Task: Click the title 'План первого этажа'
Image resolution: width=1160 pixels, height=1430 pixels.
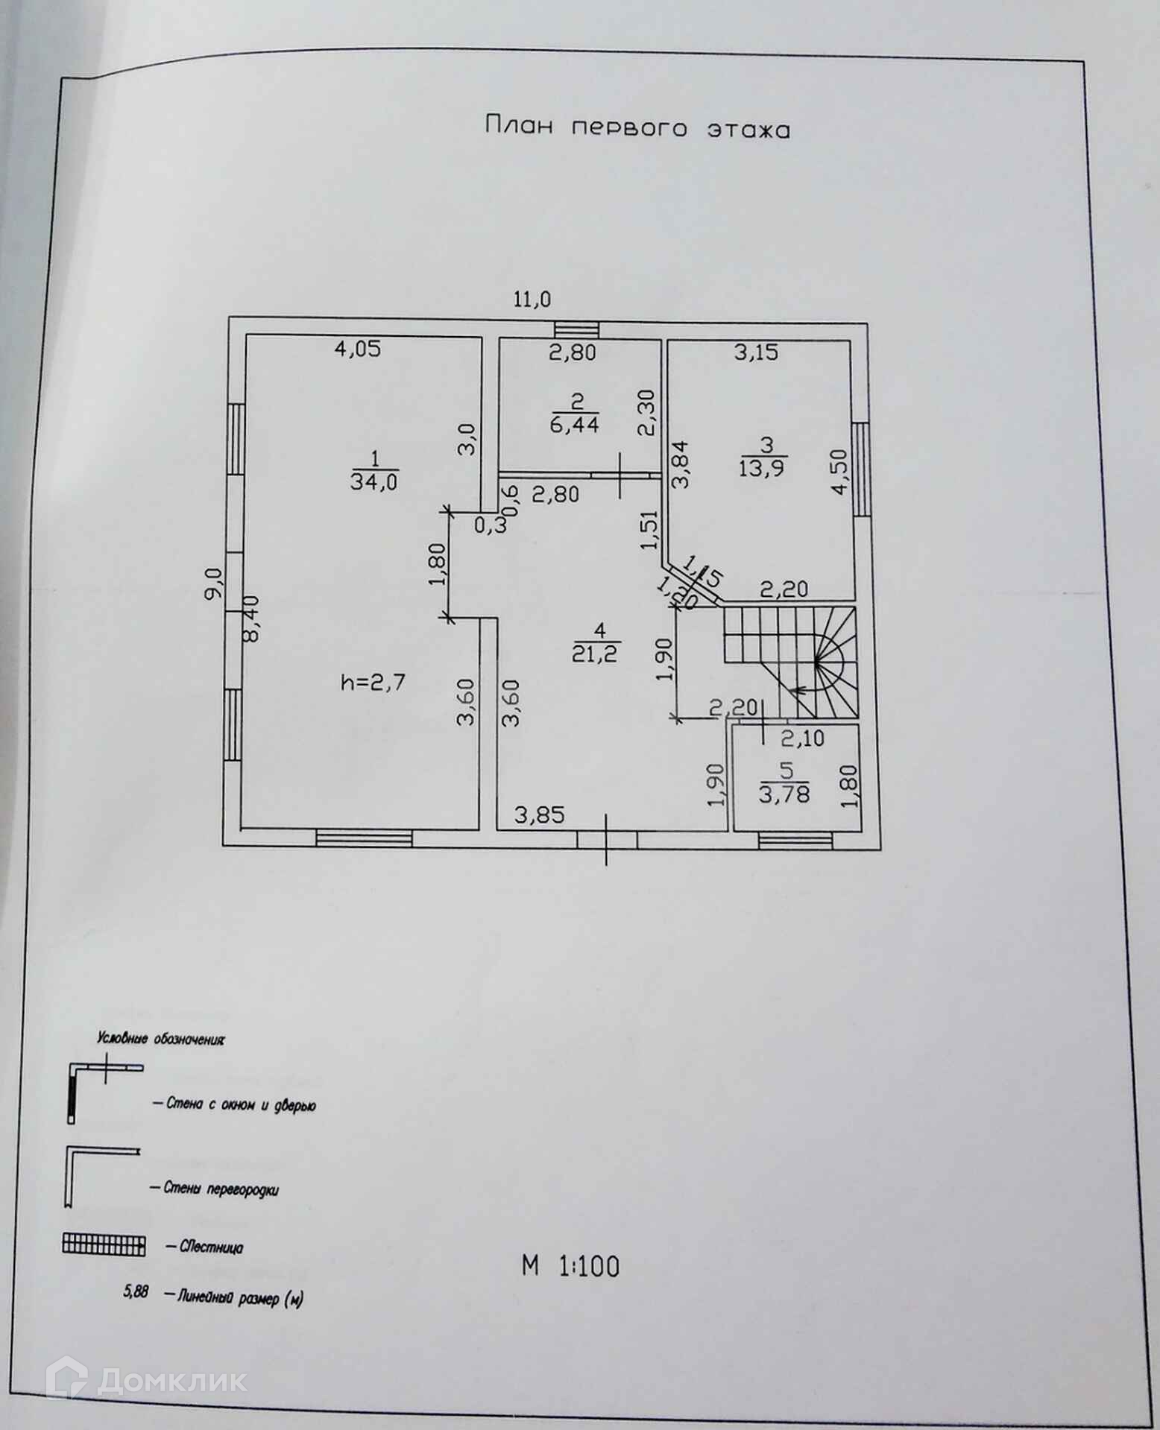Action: tap(637, 127)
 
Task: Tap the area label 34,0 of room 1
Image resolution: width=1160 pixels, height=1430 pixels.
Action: tap(374, 481)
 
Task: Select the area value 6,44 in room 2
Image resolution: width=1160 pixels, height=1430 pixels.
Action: tap(576, 425)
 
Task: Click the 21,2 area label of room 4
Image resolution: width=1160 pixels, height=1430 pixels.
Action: tap(596, 654)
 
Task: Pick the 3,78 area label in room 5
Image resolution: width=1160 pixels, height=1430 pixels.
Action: tap(784, 794)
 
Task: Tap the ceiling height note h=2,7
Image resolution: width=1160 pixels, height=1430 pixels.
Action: tap(373, 681)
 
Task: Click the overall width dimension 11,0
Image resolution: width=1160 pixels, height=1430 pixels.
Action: tap(532, 300)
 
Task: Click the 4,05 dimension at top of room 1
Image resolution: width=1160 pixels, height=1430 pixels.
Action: tap(358, 349)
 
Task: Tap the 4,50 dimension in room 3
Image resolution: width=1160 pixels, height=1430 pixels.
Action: tap(839, 471)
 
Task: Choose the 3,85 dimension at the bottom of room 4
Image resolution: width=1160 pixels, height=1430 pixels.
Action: tap(540, 814)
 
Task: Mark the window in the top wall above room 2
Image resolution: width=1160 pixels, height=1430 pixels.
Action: tap(576, 329)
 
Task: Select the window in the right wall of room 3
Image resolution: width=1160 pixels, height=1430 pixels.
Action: tap(862, 468)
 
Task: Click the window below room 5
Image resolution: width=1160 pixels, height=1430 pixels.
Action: tap(795, 840)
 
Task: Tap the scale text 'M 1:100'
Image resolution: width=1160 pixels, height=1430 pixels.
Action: tap(570, 1266)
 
